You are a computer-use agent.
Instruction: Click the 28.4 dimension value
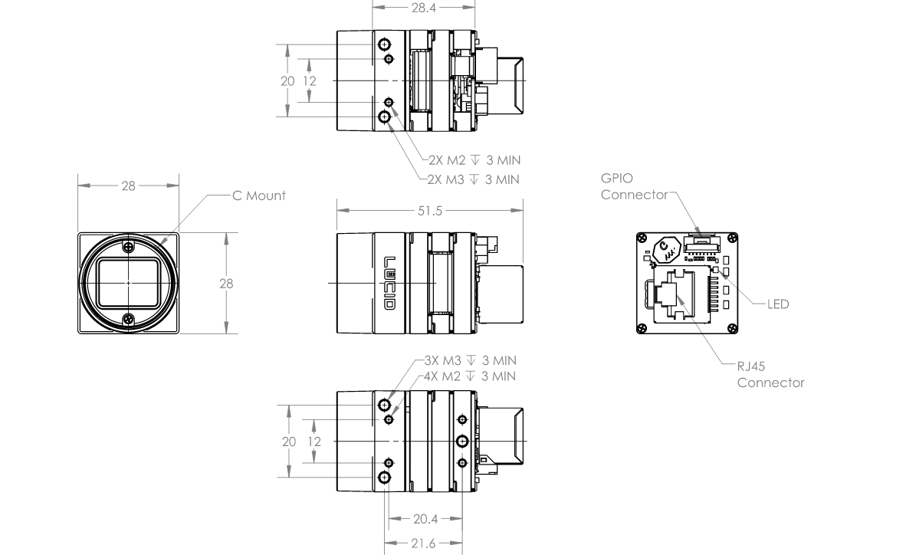424,8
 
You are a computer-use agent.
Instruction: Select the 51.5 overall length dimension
429,211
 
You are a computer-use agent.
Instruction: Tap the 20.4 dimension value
425,518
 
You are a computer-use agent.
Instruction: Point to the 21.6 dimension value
423,544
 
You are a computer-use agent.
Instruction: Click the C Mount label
259,195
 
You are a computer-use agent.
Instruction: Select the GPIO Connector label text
634,186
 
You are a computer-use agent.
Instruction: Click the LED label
778,304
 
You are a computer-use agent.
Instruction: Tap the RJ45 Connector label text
770,375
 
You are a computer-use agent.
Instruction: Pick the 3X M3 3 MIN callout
471,360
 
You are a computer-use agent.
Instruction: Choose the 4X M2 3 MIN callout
471,376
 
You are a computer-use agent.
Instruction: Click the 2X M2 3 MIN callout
474,160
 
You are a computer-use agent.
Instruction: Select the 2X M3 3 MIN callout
473,179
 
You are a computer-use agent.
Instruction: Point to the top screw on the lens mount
129,247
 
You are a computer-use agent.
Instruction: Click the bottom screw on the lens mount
129,319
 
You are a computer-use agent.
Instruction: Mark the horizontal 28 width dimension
129,186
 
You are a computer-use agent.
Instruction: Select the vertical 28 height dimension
226,284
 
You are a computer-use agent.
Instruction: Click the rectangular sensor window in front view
129,284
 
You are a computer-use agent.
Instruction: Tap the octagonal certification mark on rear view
666,250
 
